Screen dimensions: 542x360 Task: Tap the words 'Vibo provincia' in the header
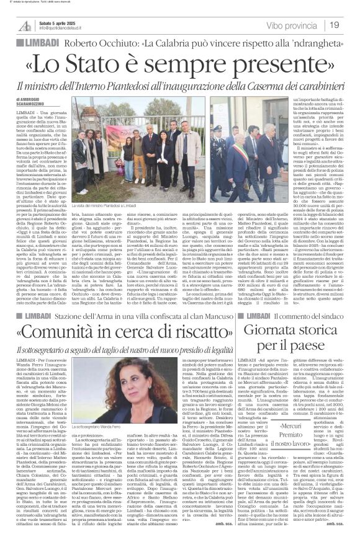290,25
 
